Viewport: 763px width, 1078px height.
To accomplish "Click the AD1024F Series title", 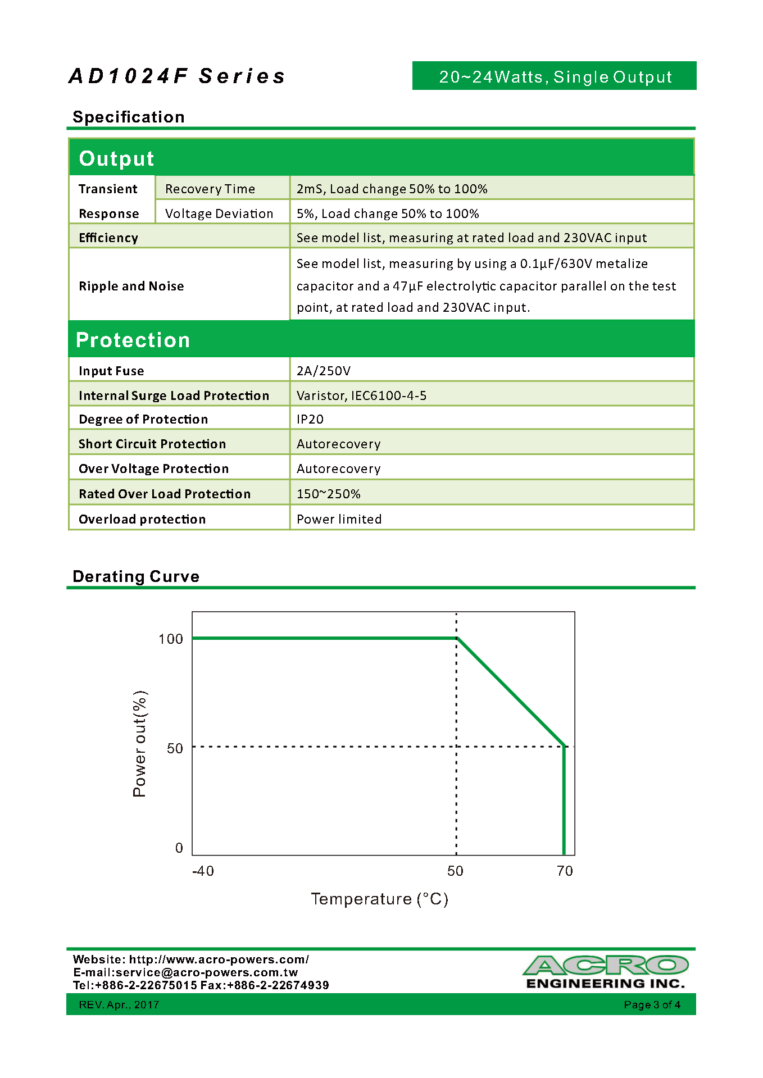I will (177, 76).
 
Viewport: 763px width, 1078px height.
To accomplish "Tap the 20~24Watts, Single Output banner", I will (555, 76).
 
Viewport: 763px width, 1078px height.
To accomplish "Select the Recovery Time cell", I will (210, 189).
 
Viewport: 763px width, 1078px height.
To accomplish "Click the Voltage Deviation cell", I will (219, 213).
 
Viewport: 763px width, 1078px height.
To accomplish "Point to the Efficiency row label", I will (108, 238).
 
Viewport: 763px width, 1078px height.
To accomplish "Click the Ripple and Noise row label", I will (131, 286).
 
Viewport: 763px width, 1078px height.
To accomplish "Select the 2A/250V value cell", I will (324, 371).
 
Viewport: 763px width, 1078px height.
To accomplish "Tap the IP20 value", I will (310, 419).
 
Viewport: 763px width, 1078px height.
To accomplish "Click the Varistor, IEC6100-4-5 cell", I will (361, 395).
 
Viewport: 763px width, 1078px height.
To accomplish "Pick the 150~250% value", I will (329, 494).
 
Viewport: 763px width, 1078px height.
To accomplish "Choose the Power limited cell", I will (339, 519).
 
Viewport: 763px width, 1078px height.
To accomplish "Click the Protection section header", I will (133, 340).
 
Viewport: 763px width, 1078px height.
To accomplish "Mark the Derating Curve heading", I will (136, 576).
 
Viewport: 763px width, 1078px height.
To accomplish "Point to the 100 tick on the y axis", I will (171, 639).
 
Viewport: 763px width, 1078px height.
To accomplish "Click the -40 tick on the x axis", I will (203, 871).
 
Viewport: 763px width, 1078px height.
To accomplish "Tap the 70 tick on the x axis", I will (565, 871).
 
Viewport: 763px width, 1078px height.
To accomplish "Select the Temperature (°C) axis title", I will (380, 899).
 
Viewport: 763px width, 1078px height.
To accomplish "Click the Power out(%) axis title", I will (139, 744).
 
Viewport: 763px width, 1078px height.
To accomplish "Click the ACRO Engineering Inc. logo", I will (606, 972).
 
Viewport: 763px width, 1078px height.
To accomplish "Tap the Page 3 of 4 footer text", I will (652, 1004).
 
